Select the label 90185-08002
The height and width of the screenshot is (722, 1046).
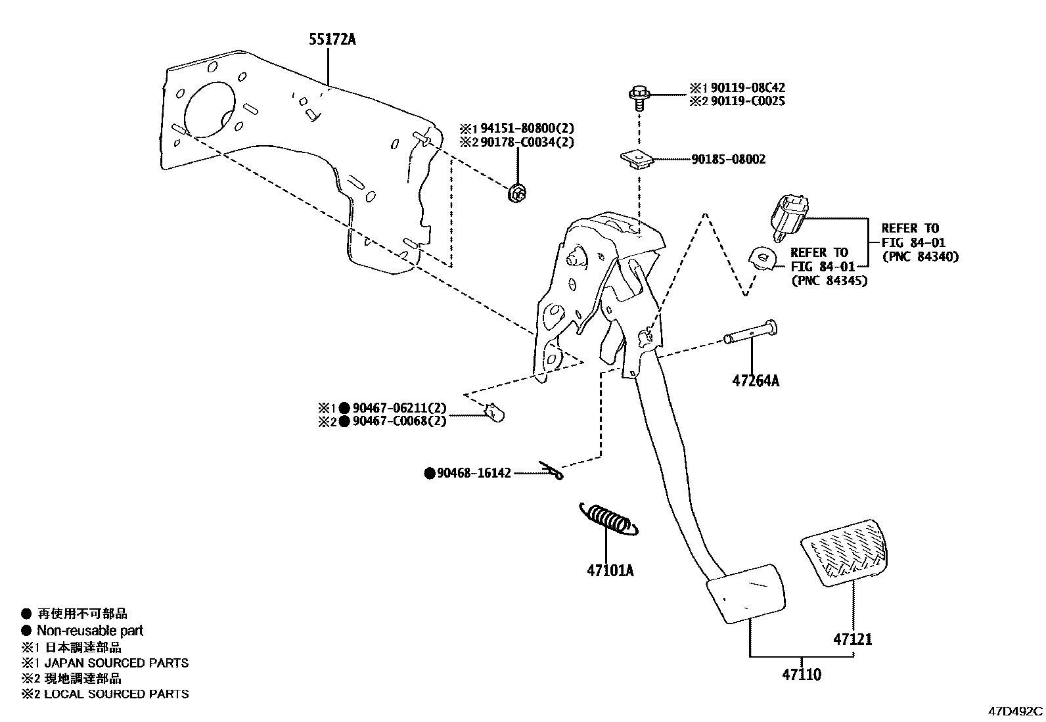(728, 160)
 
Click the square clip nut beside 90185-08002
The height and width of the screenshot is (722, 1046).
(635, 159)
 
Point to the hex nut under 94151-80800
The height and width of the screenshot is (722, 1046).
(518, 194)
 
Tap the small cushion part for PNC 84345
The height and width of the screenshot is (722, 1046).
(762, 258)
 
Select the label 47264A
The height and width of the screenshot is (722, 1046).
(756, 380)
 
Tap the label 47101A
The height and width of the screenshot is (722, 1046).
(610, 570)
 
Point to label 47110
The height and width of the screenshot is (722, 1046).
(801, 674)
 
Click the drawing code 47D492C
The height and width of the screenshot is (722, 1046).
(1016, 711)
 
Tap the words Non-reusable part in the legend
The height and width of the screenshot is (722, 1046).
(90, 631)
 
